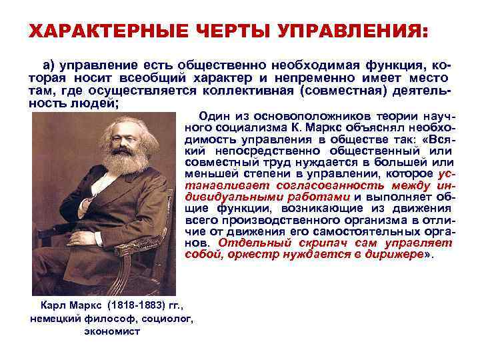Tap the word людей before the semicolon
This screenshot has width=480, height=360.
(86, 101)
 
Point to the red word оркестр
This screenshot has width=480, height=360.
(249, 254)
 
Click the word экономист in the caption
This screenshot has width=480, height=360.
(112, 331)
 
